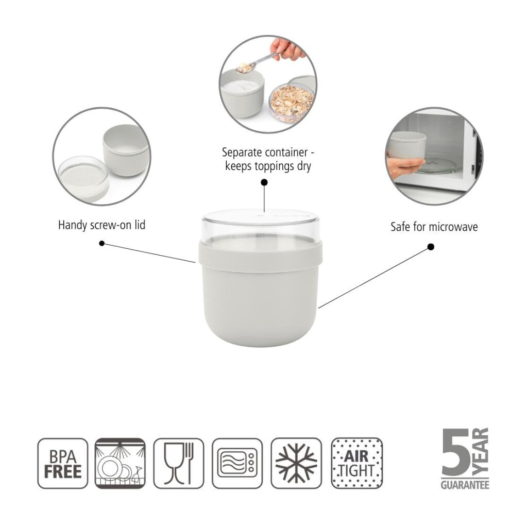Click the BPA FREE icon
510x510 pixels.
coord(63,463)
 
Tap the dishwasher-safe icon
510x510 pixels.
coord(120,463)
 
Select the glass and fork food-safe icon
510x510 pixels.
coord(179,463)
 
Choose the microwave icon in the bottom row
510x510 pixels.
coord(237,463)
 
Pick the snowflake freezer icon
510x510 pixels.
coord(296,463)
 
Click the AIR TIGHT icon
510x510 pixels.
coord(357,463)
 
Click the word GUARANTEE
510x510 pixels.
coord(465,485)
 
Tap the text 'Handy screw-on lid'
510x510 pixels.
coord(101,225)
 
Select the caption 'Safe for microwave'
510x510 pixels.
coord(434,227)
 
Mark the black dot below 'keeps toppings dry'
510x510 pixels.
coord(264,182)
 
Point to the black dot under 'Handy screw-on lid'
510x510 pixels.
coord(102,243)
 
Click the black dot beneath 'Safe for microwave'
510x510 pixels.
coord(431,247)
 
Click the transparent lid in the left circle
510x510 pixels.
coord(83,177)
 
